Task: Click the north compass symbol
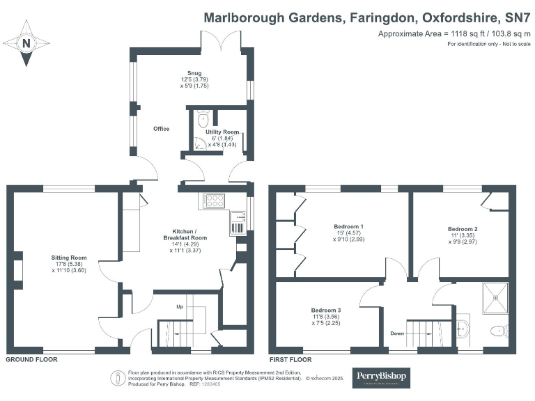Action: [26, 43]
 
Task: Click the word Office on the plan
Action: [162, 129]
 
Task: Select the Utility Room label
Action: [222, 132]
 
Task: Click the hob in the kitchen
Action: [214, 200]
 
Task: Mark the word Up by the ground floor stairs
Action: [180, 306]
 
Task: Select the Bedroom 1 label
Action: [348, 227]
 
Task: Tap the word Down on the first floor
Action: [397, 333]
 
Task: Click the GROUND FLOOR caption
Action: [31, 360]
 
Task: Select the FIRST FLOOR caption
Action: [290, 360]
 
